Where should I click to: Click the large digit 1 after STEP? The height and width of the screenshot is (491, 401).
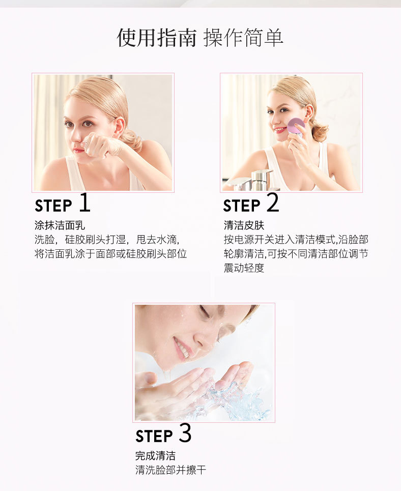click(85, 203)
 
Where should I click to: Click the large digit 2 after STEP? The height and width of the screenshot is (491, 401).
click(273, 203)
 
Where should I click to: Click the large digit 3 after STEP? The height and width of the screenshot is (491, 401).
click(185, 433)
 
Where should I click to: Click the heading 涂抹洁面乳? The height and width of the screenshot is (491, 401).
click(60, 225)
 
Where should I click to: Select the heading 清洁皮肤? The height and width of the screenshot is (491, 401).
click(244, 225)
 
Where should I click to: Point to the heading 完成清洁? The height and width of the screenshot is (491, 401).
click(155, 455)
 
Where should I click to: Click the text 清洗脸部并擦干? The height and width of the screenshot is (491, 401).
click(171, 470)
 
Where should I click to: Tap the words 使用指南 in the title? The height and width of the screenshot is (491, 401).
click(157, 38)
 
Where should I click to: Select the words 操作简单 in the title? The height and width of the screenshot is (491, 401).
click(243, 38)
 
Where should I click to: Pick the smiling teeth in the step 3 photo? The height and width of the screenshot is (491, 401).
click(182, 349)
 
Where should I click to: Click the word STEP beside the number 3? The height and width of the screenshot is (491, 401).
click(154, 436)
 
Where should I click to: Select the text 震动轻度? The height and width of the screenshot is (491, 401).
click(244, 268)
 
